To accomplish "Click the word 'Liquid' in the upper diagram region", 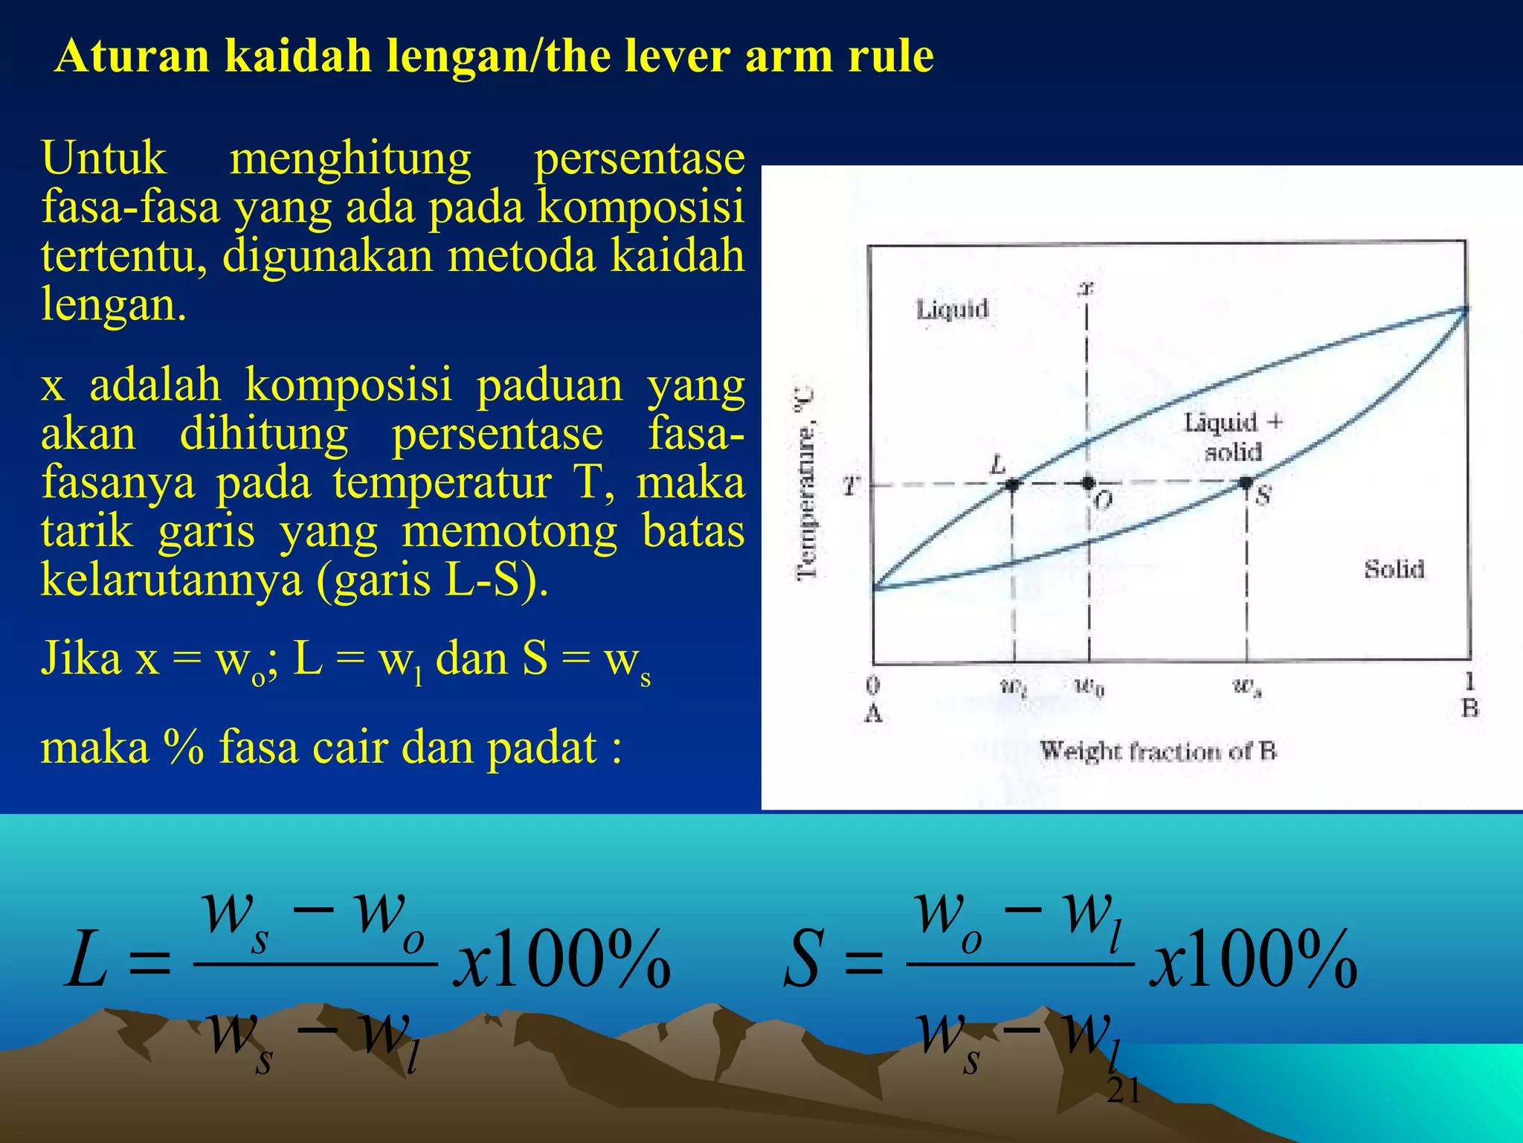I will click(952, 309).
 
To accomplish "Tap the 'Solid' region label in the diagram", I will click(1394, 569).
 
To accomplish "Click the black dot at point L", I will click(1012, 484).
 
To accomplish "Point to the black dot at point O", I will click(1089, 483).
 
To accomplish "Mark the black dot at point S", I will click(1246, 483).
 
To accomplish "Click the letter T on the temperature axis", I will click(849, 487).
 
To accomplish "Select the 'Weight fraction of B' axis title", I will click(1158, 751).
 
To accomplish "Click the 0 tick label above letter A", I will click(873, 685).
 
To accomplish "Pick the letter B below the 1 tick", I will click(1469, 708).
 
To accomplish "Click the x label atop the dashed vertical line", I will click(1086, 287).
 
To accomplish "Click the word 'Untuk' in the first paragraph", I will click(104, 158).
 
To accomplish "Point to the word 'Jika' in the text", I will click(80, 659).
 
